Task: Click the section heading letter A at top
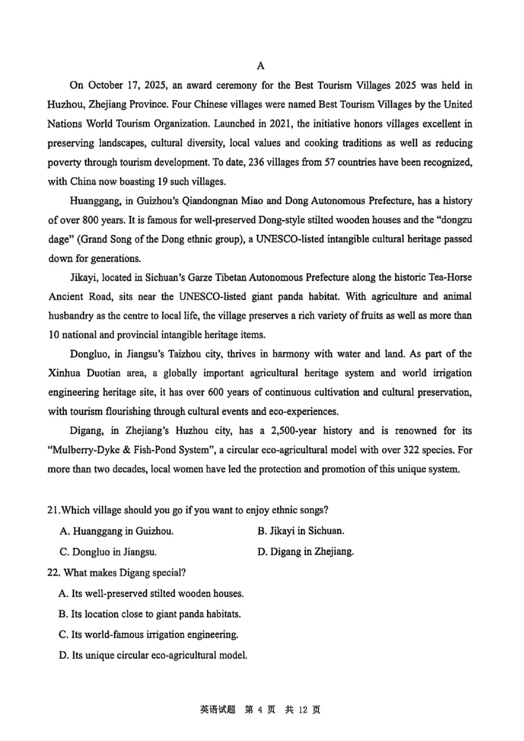(x=261, y=65)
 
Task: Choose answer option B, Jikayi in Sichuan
(x=301, y=531)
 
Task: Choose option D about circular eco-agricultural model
(x=153, y=654)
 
